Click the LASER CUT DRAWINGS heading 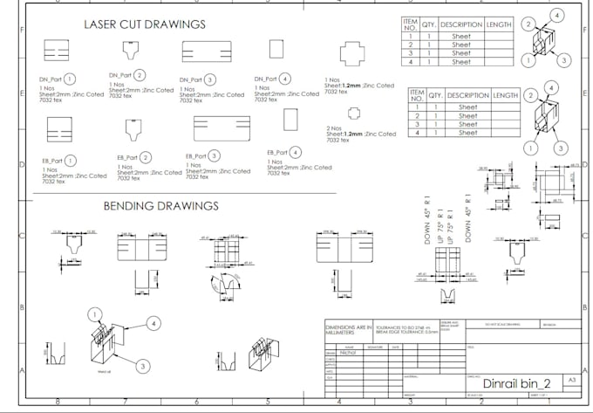(x=145, y=24)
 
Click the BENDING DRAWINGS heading (x=161, y=207)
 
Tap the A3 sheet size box (x=572, y=381)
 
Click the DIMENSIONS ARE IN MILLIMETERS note (x=350, y=328)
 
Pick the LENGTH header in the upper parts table (x=499, y=24)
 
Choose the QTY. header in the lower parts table (x=435, y=95)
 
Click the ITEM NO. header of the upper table (x=410, y=24)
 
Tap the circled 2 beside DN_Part (x=140, y=76)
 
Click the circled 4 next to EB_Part (x=296, y=152)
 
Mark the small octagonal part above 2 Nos (x=353, y=112)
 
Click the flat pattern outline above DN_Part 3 (x=206, y=52)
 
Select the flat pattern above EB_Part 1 (x=58, y=128)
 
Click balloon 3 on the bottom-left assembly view (x=143, y=367)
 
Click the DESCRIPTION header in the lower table (x=467, y=95)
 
